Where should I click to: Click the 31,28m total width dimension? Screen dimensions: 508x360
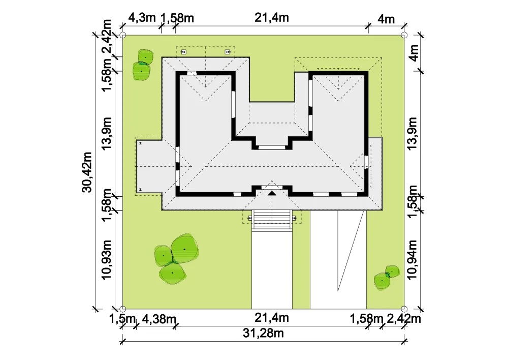(x=263, y=333)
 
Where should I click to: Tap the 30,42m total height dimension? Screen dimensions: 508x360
(x=87, y=172)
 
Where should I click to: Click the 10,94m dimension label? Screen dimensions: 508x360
(x=412, y=260)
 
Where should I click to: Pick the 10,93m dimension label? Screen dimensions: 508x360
(x=106, y=259)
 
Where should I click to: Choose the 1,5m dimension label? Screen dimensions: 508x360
(x=122, y=319)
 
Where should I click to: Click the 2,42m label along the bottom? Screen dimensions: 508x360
(x=404, y=319)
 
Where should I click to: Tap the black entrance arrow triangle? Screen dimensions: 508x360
(x=272, y=193)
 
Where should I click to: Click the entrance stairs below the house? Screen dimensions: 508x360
(x=272, y=220)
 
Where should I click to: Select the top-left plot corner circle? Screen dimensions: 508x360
(x=123, y=35)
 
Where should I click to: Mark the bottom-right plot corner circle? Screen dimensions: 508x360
(x=404, y=309)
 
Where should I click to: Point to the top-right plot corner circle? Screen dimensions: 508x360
(x=404, y=35)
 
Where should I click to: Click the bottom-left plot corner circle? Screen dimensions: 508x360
(x=123, y=309)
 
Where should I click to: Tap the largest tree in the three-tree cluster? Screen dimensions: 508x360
(x=185, y=249)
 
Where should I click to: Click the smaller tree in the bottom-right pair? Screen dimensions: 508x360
(x=392, y=272)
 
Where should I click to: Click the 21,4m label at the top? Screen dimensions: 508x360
(x=271, y=17)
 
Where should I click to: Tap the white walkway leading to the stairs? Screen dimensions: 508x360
(x=272, y=270)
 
